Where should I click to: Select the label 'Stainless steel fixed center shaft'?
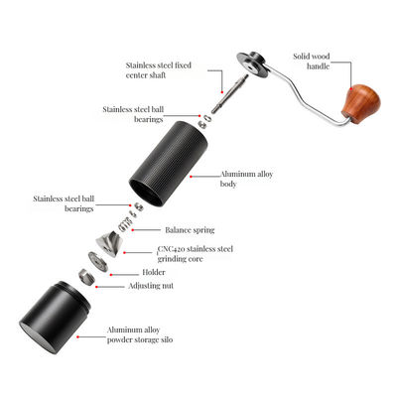pos(160,67)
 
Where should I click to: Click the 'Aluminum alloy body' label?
pos(246,179)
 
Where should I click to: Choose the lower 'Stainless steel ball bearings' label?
pos(64,204)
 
